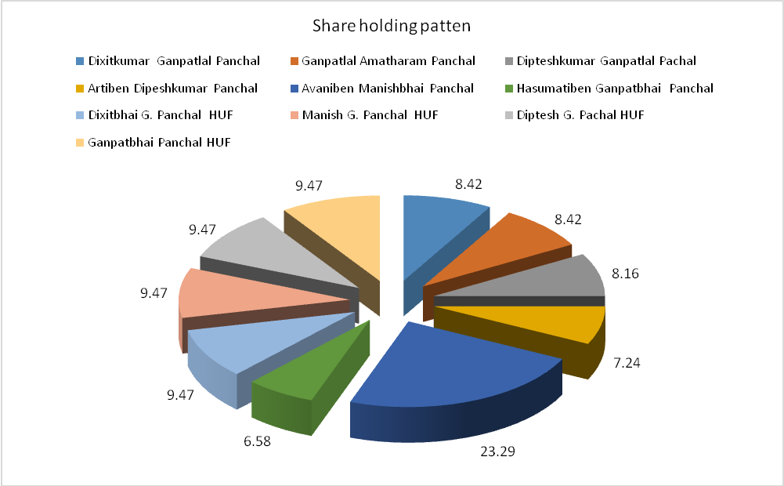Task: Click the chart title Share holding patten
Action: (391, 27)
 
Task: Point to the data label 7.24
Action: (627, 363)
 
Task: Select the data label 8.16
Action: (626, 274)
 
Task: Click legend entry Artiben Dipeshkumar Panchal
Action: (173, 88)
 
